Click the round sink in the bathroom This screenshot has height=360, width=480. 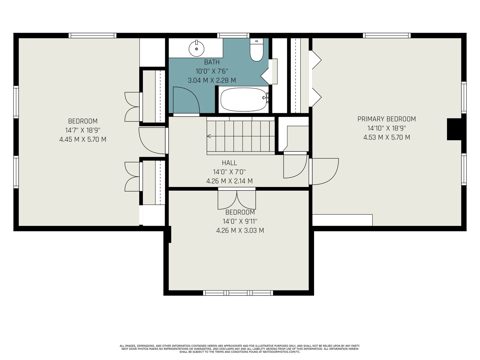point(196,48)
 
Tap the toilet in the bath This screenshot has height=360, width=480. point(256,50)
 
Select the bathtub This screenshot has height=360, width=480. point(244,100)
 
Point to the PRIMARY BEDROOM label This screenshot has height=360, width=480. point(387,119)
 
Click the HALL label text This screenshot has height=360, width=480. point(229,163)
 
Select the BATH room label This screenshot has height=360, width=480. point(212,62)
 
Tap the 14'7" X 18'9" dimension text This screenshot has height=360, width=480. point(83,130)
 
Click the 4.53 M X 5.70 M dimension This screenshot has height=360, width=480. point(387,137)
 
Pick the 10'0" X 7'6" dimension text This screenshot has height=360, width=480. point(212,71)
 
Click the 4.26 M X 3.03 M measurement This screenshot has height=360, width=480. point(240,231)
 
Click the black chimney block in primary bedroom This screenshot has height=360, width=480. point(454,129)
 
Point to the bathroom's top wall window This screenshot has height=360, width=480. point(233,35)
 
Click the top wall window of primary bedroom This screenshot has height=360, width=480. point(387,35)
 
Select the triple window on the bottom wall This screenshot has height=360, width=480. point(238,293)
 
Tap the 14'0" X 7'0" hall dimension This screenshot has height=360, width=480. point(229,172)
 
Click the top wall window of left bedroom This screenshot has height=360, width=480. point(92,35)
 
